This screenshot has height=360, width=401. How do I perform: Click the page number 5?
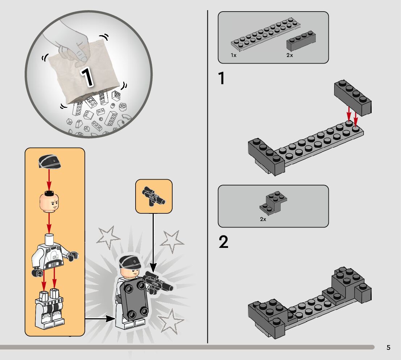[388, 347]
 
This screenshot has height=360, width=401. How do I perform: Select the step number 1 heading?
[222, 78]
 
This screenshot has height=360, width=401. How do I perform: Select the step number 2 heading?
[223, 242]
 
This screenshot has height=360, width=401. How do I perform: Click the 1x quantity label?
[233, 55]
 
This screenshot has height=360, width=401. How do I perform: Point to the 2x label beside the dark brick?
[289, 55]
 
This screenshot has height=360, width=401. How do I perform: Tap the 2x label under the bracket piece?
[263, 219]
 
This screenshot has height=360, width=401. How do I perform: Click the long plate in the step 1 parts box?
[265, 34]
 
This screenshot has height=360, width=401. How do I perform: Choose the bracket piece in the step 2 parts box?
[273, 202]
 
